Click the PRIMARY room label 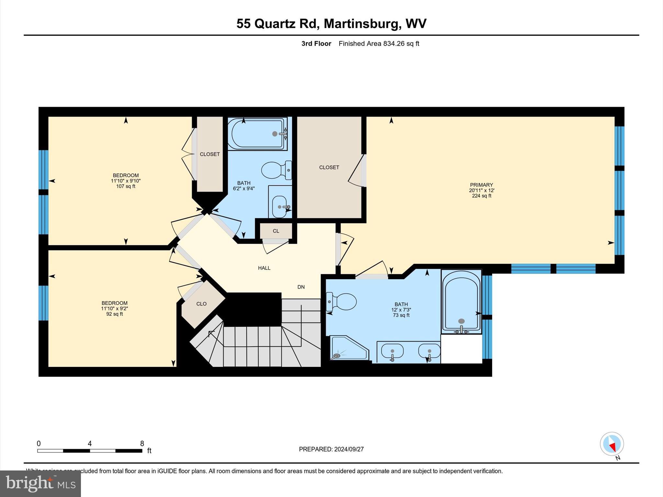click(481, 185)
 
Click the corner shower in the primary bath click(348, 348)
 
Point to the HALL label click(264, 268)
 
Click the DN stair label click(301, 287)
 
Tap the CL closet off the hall click(276, 231)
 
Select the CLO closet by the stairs click(201, 304)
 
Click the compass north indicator click(612, 444)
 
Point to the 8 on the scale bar click(142, 444)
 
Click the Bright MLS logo click(40, 483)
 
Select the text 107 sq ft click(126, 186)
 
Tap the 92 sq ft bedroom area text click(114, 314)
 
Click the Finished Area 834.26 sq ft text click(379, 44)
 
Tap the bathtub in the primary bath click(461, 301)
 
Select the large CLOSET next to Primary click(329, 167)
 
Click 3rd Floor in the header click(316, 44)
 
